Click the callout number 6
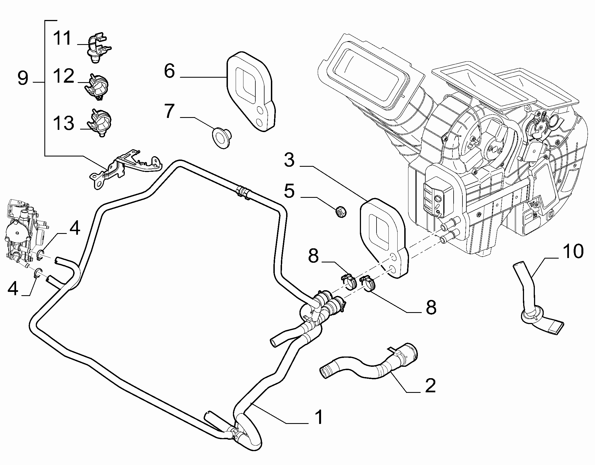pos(169,71)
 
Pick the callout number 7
pos(169,111)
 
